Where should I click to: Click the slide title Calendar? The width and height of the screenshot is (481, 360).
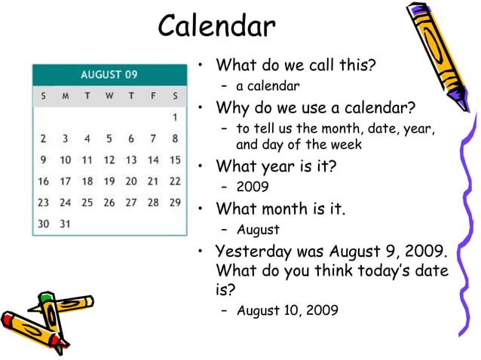(217, 26)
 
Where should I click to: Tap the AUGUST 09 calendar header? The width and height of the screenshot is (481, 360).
(109, 75)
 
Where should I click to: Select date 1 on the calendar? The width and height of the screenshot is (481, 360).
(175, 117)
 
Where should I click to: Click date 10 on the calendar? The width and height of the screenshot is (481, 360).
(66, 160)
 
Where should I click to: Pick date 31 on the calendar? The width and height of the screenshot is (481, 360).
(66, 224)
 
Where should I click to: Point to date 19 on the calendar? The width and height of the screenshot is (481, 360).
(109, 181)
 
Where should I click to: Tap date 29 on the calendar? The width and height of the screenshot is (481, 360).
(175, 202)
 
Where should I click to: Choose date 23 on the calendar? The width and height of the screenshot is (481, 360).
(44, 202)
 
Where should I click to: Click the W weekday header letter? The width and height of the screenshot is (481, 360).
(109, 96)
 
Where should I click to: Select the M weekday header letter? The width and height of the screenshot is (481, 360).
(66, 96)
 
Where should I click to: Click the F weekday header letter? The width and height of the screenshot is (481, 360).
(153, 96)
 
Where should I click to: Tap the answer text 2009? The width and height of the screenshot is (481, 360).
(253, 186)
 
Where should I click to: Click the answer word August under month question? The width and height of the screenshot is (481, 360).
(258, 230)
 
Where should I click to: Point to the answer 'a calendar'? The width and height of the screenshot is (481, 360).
(268, 86)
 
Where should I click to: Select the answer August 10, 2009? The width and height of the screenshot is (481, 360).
(287, 310)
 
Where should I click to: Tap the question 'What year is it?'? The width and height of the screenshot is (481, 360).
(275, 166)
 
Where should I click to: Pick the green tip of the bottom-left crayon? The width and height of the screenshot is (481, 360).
(46, 298)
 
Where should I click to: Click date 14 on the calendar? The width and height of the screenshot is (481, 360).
(153, 160)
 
